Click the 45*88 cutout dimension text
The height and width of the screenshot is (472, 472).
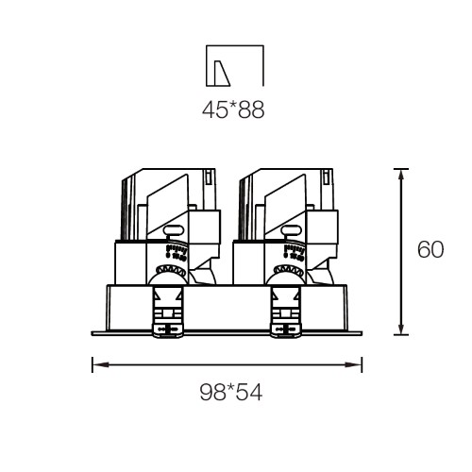pyautogui.click(x=233, y=110)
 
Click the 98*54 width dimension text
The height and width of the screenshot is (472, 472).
pyautogui.click(x=231, y=393)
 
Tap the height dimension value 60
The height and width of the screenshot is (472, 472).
pyautogui.click(x=430, y=249)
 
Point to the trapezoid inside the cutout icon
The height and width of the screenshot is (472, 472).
pyautogui.click(x=222, y=73)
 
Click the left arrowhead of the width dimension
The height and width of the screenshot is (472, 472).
pyautogui.click(x=100, y=364)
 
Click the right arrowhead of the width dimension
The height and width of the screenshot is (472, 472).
pyautogui.click(x=354, y=364)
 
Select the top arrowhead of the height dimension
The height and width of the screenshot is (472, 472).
pyautogui.click(x=401, y=177)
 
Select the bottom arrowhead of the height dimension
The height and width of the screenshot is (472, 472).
pyautogui.click(x=401, y=327)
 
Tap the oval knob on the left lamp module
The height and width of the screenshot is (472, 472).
pyautogui.click(x=173, y=230)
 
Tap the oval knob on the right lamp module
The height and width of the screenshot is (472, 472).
pyautogui.click(x=291, y=230)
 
